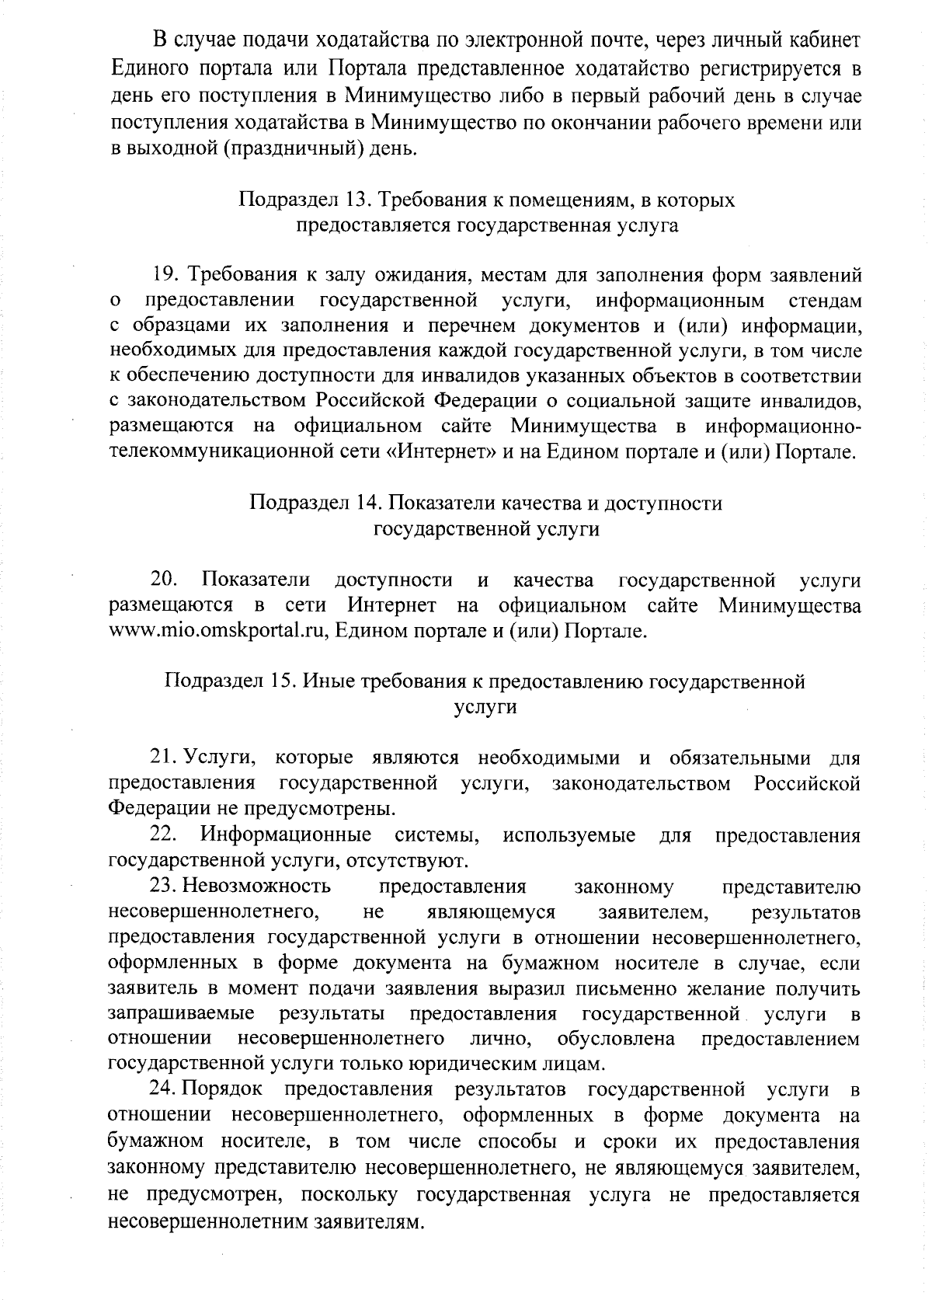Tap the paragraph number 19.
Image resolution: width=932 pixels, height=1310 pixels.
coord(165,276)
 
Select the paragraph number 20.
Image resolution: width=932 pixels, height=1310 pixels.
coord(165,580)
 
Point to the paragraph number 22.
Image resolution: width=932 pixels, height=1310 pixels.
coord(165,835)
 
